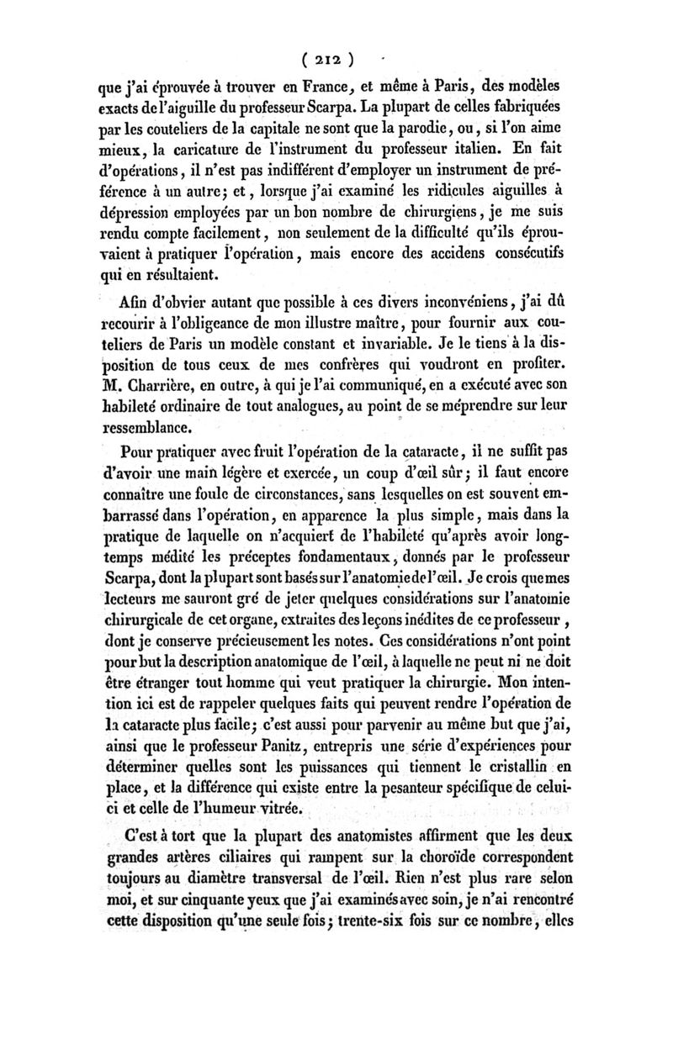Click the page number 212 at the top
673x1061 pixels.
coord(330,60)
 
